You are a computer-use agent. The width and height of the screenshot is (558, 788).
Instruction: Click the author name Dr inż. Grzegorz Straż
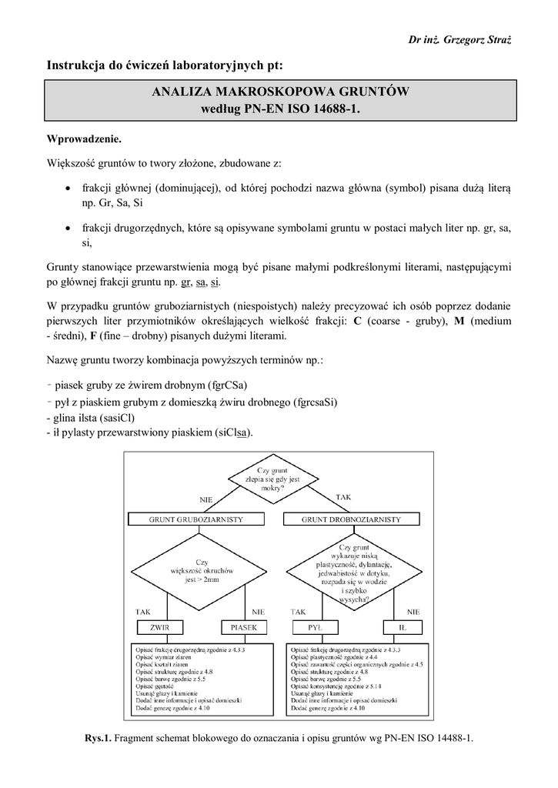470,39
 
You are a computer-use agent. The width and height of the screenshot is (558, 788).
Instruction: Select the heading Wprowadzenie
85,141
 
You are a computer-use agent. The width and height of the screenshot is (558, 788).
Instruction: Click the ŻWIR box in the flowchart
160,626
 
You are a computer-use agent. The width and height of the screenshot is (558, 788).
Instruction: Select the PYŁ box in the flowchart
314,626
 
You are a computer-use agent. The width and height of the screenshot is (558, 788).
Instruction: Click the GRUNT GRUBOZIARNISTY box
196,519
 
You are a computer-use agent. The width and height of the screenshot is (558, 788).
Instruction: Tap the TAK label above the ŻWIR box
144,611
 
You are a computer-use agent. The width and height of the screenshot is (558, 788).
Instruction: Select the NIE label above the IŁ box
413,611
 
